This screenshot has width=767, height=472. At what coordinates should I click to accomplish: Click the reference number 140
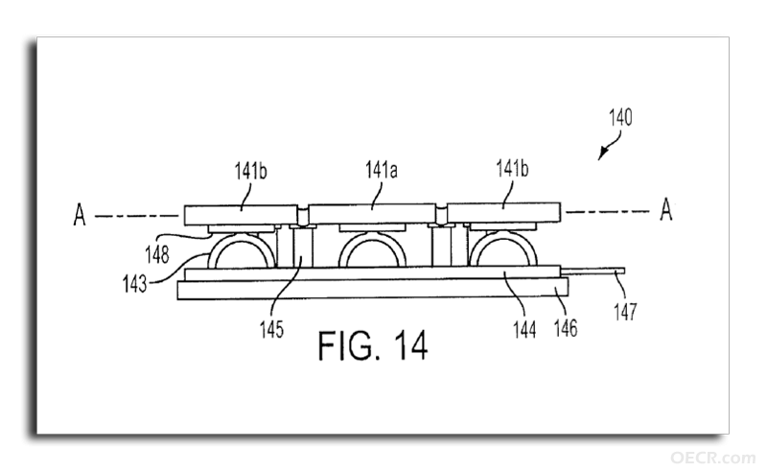pyautogui.click(x=620, y=117)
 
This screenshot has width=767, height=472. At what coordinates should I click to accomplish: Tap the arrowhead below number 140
pyautogui.click(x=602, y=154)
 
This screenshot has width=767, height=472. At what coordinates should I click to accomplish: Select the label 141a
pyautogui.click(x=381, y=170)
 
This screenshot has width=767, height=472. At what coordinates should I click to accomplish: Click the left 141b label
pyautogui.click(x=250, y=171)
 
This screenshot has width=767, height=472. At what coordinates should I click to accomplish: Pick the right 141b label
pyautogui.click(x=512, y=169)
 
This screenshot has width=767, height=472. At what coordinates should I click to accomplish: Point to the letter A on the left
pyautogui.click(x=80, y=215)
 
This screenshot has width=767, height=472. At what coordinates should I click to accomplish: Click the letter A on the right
pyautogui.click(x=665, y=209)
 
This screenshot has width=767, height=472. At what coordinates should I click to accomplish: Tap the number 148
pyautogui.click(x=157, y=254)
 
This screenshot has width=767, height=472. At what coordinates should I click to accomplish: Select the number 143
pyautogui.click(x=134, y=284)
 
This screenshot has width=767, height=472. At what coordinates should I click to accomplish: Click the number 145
pyautogui.click(x=271, y=329)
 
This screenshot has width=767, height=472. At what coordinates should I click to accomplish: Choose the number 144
pyautogui.click(x=524, y=329)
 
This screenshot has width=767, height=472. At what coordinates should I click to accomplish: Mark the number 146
pyautogui.click(x=566, y=328)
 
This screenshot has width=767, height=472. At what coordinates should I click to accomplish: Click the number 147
pyautogui.click(x=626, y=312)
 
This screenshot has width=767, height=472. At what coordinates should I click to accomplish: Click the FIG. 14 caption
pyautogui.click(x=373, y=345)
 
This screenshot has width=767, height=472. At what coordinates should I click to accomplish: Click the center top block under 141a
pyautogui.click(x=372, y=214)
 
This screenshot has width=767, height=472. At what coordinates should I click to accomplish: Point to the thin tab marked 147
pyautogui.click(x=593, y=271)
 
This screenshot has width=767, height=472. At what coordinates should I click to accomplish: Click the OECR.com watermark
pyautogui.click(x=712, y=459)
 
